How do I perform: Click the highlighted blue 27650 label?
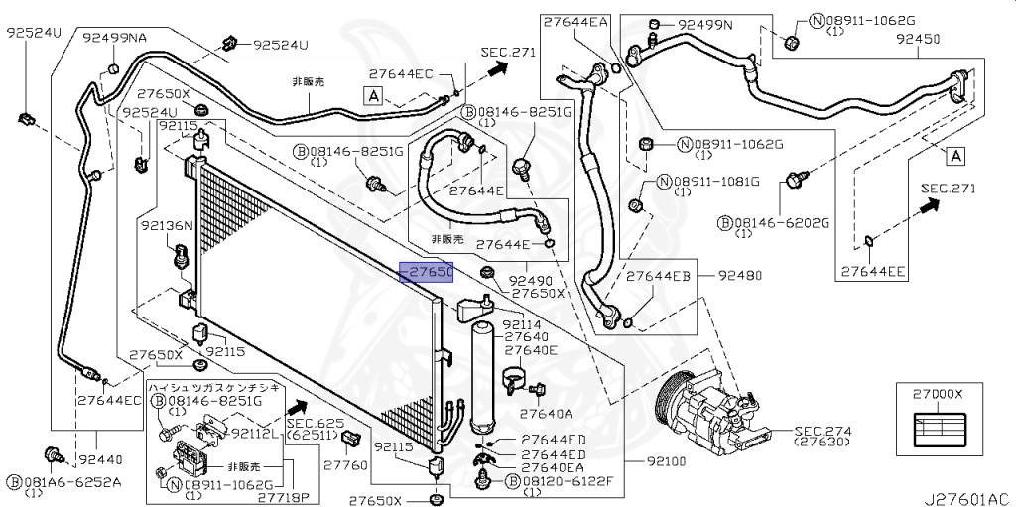[x=426, y=272]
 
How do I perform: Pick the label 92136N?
[x=166, y=226]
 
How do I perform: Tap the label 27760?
[x=345, y=464]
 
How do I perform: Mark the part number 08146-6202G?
[x=780, y=223]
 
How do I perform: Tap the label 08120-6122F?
[x=567, y=481]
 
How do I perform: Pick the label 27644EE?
[x=874, y=270]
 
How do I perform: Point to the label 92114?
[x=522, y=324]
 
